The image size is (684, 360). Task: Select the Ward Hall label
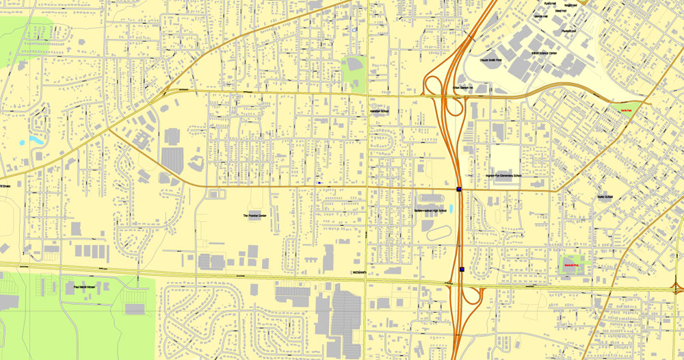coord(560,11)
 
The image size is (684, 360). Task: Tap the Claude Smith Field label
coord(490,60)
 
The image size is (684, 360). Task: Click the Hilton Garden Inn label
coord(464,88)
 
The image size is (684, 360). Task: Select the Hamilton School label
coord(379,112)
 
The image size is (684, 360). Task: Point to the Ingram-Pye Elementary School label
coord(503,176)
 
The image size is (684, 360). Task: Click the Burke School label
coord(605,197)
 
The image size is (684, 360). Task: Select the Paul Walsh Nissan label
coord(78,288)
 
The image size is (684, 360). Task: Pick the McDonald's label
coord(360,272)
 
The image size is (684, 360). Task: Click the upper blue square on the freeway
coord(458,189)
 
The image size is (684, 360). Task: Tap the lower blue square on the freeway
coord(462,270)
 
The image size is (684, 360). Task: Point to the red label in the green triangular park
coord(626,109)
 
